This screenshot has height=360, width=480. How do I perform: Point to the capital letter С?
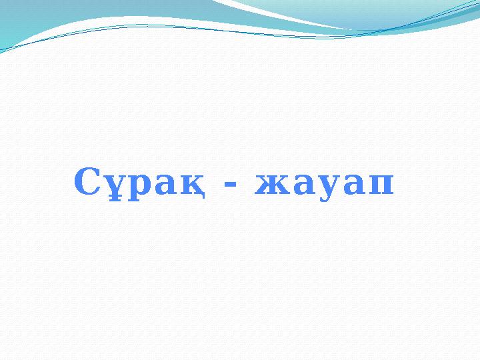87,181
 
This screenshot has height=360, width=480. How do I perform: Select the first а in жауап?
299,185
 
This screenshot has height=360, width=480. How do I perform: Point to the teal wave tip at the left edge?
4,47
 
